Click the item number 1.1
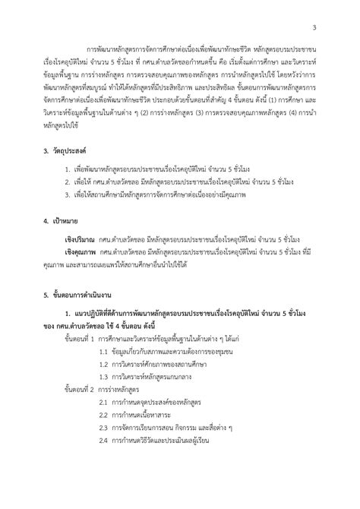[105, 374]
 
